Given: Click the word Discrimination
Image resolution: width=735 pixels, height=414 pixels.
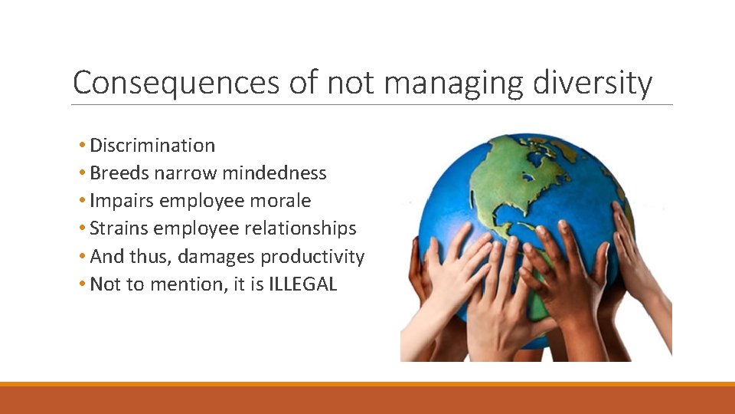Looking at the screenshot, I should tap(152, 146).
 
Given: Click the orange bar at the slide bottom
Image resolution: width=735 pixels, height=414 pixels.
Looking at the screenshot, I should tap(367, 399).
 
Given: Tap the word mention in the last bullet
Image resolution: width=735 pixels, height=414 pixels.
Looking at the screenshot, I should tap(181, 284).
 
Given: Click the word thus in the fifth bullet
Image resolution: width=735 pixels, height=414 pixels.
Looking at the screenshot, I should tap(150, 256).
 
